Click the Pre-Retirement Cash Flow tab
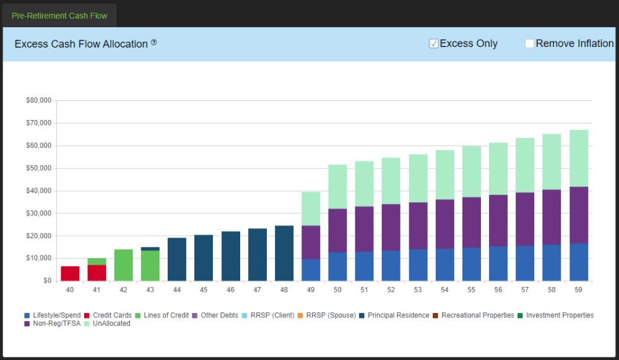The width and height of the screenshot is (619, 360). point(59,15)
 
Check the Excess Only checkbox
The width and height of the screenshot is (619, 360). point(434,43)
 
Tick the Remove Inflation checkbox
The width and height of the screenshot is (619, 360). point(529,43)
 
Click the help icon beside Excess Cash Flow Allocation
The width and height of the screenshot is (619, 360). point(154,43)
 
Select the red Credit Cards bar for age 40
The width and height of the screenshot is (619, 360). point(70,273)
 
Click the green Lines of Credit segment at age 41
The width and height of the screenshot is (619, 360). point(97,261)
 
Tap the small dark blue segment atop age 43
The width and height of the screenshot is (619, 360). point(150,249)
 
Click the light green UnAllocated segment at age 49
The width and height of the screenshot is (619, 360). point(311,208)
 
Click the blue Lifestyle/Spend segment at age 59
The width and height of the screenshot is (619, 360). point(579,262)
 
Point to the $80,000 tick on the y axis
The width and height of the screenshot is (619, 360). point(38,100)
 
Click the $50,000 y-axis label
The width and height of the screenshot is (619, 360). point(38,168)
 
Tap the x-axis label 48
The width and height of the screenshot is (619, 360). point(284,289)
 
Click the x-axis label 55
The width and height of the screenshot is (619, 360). point(472,289)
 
